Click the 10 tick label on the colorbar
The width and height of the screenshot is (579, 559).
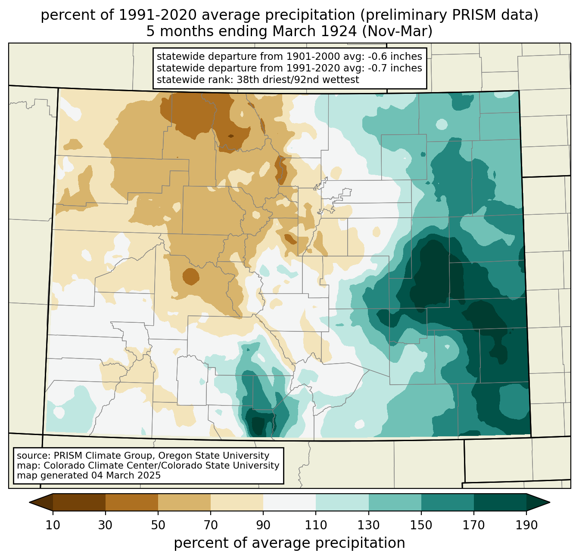click(53, 525)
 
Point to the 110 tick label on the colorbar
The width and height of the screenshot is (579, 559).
click(316, 525)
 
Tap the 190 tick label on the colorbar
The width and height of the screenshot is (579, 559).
click(526, 525)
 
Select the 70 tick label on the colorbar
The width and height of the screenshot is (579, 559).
click(211, 525)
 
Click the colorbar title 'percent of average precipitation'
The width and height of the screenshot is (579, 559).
click(289, 543)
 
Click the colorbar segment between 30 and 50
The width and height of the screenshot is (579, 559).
click(131, 502)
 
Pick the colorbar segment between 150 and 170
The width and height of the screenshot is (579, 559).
click(448, 502)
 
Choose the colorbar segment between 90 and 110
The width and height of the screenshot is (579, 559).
click(289, 502)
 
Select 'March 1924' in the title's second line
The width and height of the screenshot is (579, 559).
click(314, 31)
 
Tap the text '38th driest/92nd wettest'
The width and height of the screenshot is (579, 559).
click(298, 80)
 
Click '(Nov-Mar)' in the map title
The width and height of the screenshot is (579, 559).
click(397, 31)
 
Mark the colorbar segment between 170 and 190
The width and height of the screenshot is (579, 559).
click(500, 502)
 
